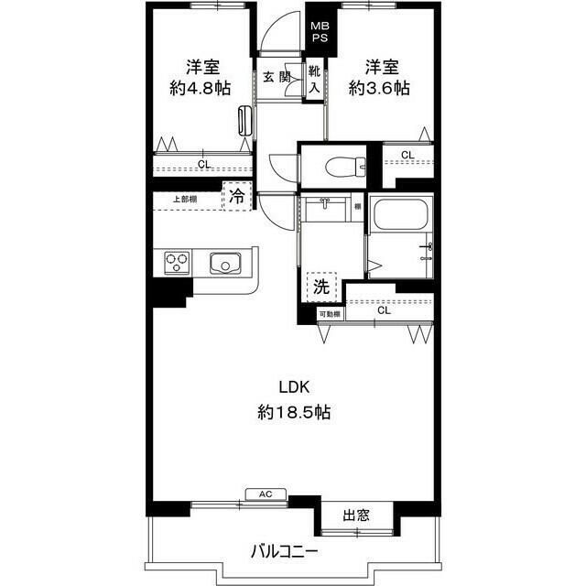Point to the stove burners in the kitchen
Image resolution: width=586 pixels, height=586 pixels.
click(177, 264)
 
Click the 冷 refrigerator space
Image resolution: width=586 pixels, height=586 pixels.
click(236, 197)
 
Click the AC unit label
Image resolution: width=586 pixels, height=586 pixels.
click(266, 494)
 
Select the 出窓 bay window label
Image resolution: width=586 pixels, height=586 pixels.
click(356, 515)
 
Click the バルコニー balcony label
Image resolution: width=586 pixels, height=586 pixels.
click(285, 552)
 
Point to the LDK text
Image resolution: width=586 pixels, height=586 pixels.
click(295, 385)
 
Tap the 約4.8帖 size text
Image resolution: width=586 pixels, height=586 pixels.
click(200, 88)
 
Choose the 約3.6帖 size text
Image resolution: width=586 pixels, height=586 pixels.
click(378, 88)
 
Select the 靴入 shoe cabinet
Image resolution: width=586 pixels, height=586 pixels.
click(314, 78)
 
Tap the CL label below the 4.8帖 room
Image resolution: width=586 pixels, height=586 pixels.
click(203, 165)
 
